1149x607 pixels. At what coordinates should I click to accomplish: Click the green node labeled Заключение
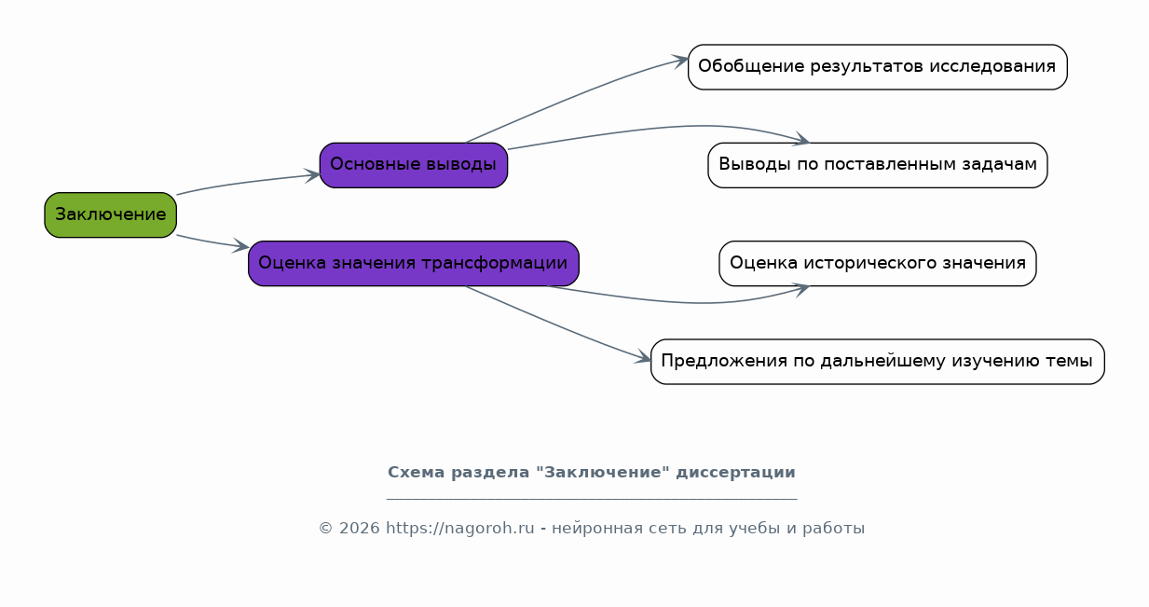click(110, 215)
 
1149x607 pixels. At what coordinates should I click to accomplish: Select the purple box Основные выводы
click(414, 165)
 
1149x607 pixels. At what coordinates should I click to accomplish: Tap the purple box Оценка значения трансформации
click(414, 263)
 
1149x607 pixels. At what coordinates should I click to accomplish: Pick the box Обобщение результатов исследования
click(878, 67)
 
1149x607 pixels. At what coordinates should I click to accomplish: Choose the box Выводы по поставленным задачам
click(878, 165)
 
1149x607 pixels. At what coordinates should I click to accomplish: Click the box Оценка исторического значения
click(878, 263)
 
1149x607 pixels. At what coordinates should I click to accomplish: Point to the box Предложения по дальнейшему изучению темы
click(878, 362)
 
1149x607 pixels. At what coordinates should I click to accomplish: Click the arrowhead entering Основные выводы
click(312, 175)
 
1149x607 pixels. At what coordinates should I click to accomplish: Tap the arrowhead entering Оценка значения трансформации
click(241, 246)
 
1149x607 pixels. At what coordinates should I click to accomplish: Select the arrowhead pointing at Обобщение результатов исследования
click(680, 61)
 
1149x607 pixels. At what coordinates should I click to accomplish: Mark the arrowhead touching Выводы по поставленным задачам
click(801, 139)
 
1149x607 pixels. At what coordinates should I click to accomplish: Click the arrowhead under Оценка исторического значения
click(801, 289)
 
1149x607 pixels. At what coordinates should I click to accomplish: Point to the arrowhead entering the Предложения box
click(642, 357)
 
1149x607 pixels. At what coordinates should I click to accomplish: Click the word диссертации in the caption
click(735, 472)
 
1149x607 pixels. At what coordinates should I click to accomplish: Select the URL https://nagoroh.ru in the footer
click(460, 528)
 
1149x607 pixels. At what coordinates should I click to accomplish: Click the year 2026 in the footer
click(360, 528)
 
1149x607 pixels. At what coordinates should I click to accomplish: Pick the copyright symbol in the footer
click(326, 528)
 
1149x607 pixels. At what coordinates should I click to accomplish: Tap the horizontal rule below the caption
click(592, 498)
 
